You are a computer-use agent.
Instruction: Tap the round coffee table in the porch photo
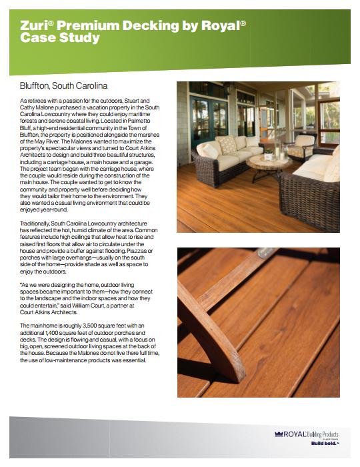[268, 163]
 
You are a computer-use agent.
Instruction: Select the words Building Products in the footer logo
[327, 433]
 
